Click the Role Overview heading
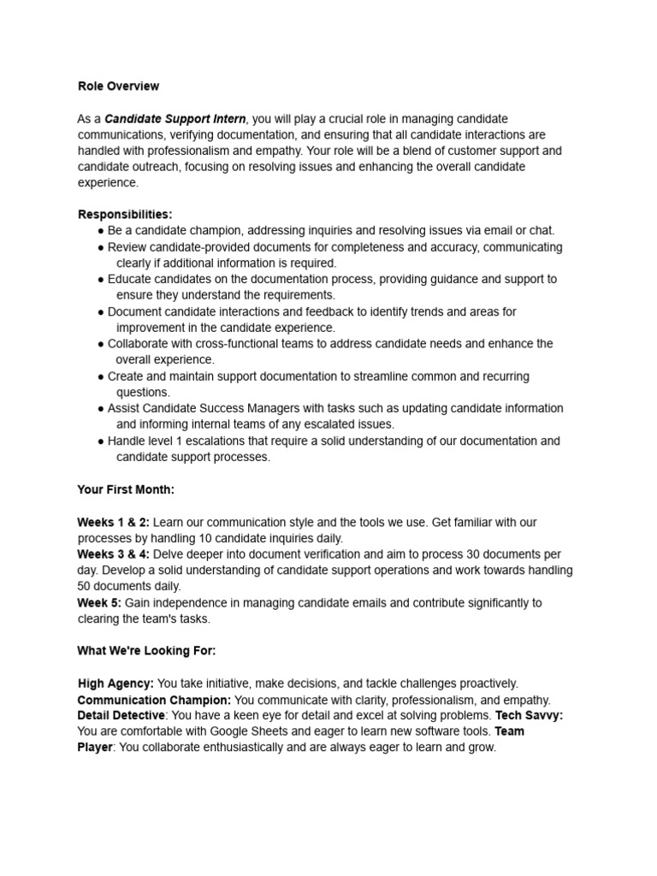[118, 86]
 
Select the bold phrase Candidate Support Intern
[175, 119]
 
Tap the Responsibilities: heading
[125, 214]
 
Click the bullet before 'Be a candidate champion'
[101, 231]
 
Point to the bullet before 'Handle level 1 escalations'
[101, 442]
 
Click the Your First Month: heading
[126, 490]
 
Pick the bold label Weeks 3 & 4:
[114, 554]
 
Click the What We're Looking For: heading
[146, 651]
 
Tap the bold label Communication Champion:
[154, 700]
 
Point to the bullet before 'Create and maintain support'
[101, 377]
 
